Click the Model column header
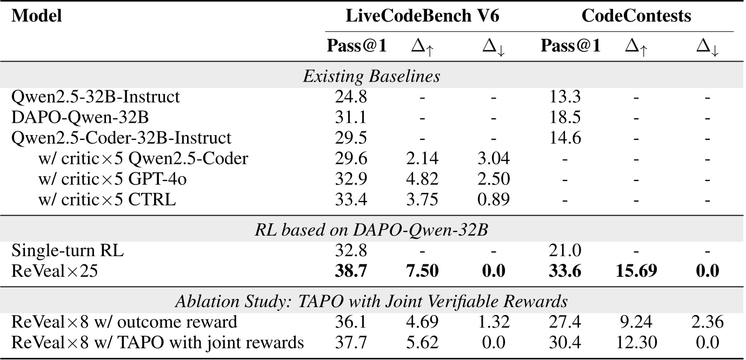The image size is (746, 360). pos(37,16)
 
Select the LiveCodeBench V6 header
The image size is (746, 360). pos(422,16)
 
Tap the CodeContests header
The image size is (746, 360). pos(636,16)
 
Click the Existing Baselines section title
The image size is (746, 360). pos(371,76)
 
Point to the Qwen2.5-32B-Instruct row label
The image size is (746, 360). pos(96,97)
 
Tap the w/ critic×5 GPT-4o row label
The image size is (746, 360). pos(107,179)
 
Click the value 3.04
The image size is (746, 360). pos(495,158)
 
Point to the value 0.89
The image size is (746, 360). pos(495,199)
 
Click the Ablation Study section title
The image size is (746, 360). pos(371,302)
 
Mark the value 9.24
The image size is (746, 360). pos(636,322)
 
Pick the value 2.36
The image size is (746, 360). pos(708,322)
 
